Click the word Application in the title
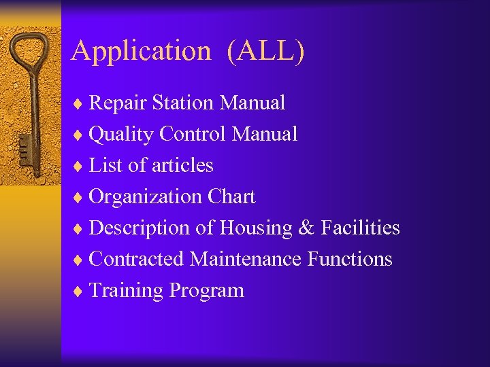pyautogui.click(x=141, y=52)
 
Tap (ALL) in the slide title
pyautogui.click(x=266, y=52)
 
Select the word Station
pyautogui.click(x=183, y=103)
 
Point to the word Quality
pyautogui.click(x=121, y=135)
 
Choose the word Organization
pyautogui.click(x=145, y=197)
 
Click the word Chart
pyautogui.click(x=231, y=197)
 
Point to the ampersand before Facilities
pyautogui.click(x=306, y=228)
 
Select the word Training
pyautogui.click(x=127, y=290)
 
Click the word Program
pyautogui.click(x=207, y=291)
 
